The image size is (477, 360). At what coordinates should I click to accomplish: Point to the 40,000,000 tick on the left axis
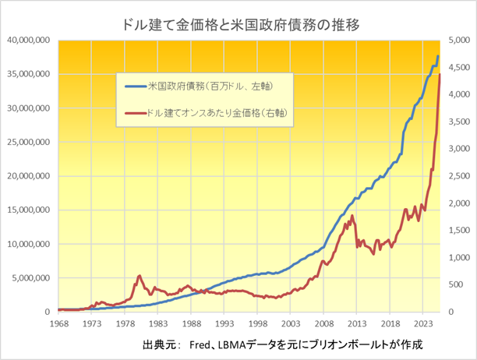(x=28, y=41)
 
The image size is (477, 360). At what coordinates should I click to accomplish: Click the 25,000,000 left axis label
(x=28, y=142)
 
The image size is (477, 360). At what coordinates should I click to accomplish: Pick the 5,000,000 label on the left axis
(x=30, y=277)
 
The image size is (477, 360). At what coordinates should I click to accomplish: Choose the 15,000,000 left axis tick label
(x=28, y=210)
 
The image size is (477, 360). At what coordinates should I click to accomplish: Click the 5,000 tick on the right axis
(x=455, y=41)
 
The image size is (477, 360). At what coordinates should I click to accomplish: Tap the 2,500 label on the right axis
(x=455, y=176)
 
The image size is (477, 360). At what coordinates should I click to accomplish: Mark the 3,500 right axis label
(x=455, y=122)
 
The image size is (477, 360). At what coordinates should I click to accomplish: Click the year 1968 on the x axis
(x=58, y=323)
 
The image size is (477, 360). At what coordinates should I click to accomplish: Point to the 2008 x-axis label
(x=323, y=323)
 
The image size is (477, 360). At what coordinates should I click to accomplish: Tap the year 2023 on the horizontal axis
(x=422, y=323)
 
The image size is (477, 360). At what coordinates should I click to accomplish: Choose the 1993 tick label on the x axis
(x=224, y=323)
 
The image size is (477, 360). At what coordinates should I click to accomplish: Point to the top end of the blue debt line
(x=438, y=56)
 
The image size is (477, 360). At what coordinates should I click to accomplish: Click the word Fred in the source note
(x=201, y=344)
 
